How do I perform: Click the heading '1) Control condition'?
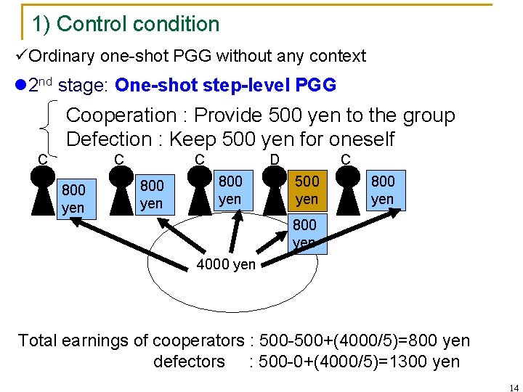point(126,24)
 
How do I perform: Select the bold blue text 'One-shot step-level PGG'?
point(225,85)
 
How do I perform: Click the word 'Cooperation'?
point(121,115)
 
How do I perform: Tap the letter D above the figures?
point(275,158)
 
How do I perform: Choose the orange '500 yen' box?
point(307,189)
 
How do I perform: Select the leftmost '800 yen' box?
point(73,198)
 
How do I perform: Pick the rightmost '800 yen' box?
point(382,189)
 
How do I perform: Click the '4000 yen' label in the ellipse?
point(226,264)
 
